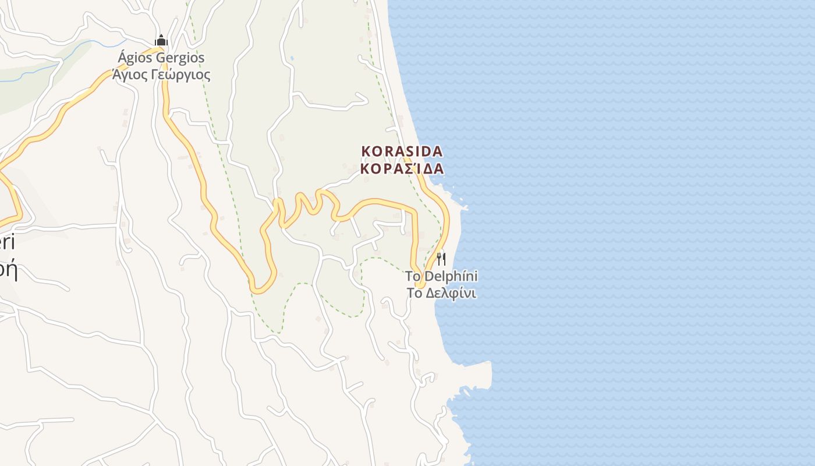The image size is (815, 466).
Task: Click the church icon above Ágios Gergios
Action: tap(161, 41)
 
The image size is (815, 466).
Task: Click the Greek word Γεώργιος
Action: tap(181, 75)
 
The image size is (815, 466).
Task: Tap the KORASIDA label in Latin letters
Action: tap(402, 151)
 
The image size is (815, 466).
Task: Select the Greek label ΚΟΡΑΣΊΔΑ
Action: tap(402, 169)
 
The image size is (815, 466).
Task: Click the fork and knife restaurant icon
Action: tap(441, 259)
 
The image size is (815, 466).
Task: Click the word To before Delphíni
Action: tap(413, 276)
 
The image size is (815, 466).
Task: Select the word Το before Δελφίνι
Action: tap(414, 293)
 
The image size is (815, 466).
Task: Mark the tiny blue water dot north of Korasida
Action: tap(291, 58)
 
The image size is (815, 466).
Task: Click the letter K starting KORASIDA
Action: tap(366, 151)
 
